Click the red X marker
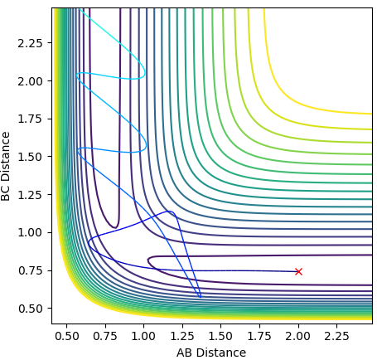pyautogui.click(x=298, y=271)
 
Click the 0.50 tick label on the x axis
pyautogui.click(x=66, y=337)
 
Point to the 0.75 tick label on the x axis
pyautogui.click(x=105, y=337)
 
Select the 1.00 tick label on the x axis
pyautogui.click(x=143, y=337)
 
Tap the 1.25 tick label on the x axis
pyautogui.click(x=182, y=337)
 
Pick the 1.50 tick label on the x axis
pyautogui.click(x=220, y=337)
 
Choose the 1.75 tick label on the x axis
pyautogui.click(x=259, y=337)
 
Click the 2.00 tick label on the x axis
pyautogui.click(x=298, y=337)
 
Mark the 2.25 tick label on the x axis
pyautogui.click(x=336, y=337)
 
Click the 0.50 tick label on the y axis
pyautogui.click(x=31, y=309)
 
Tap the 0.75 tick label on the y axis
pyautogui.click(x=31, y=270)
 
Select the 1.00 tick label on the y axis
pyautogui.click(x=31, y=233)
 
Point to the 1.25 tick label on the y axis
pyautogui.click(x=31, y=195)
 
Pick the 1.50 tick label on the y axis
pyautogui.click(x=31, y=157)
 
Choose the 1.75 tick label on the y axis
pyautogui.click(x=31, y=119)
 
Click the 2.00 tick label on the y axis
pyautogui.click(x=31, y=81)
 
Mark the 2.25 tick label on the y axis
pyautogui.click(x=31, y=43)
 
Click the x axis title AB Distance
pyautogui.click(x=211, y=353)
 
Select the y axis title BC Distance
pyautogui.click(x=6, y=167)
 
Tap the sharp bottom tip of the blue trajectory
pyautogui.click(x=201, y=297)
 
